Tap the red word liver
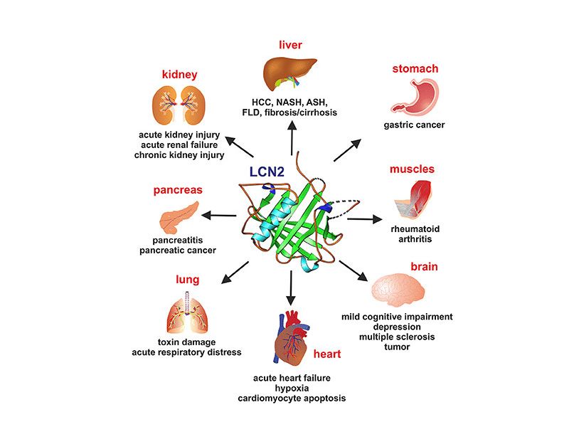coord(290,45)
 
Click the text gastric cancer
coord(414,125)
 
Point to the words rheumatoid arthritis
coord(411,234)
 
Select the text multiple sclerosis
coord(398,336)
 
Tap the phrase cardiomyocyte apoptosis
coord(292,398)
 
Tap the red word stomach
coord(415,69)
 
